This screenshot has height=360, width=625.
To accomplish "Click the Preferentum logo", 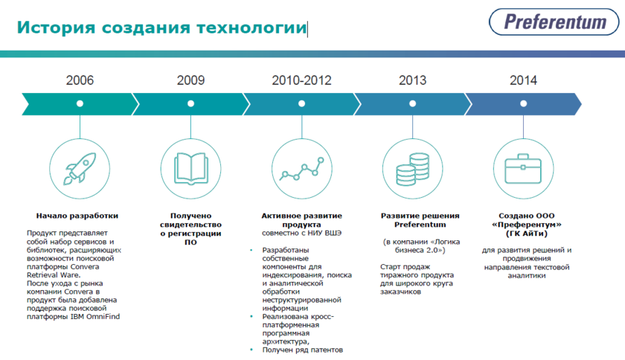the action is pos(554,22).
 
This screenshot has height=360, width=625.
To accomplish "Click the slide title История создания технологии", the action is pos(162,28).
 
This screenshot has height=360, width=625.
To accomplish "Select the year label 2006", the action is pos(80,80).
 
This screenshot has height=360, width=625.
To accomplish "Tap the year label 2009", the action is pos(190,80).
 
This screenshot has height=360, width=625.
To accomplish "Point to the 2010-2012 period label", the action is pos(302,80).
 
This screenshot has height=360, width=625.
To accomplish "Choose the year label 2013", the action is pos(412,80).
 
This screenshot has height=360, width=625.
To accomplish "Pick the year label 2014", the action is pos(523,80).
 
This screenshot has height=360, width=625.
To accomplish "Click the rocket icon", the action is pos(80,169).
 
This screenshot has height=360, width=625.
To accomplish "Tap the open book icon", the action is pos(191,169).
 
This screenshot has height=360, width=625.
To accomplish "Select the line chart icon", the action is pos(302,169).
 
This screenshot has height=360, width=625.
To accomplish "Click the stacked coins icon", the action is pos(412,169).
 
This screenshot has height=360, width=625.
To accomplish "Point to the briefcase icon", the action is pos(523,169).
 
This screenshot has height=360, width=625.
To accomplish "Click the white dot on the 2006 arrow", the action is pos(80,103).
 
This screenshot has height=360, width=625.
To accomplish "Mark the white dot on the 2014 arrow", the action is pos(523,103).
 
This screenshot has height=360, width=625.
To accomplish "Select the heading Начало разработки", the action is pos(77,216).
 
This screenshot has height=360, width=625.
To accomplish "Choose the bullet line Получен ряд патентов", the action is pos(303,350).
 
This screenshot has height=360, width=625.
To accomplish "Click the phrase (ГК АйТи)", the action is pos(527,234).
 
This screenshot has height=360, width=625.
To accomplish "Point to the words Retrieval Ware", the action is pos(54,275).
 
